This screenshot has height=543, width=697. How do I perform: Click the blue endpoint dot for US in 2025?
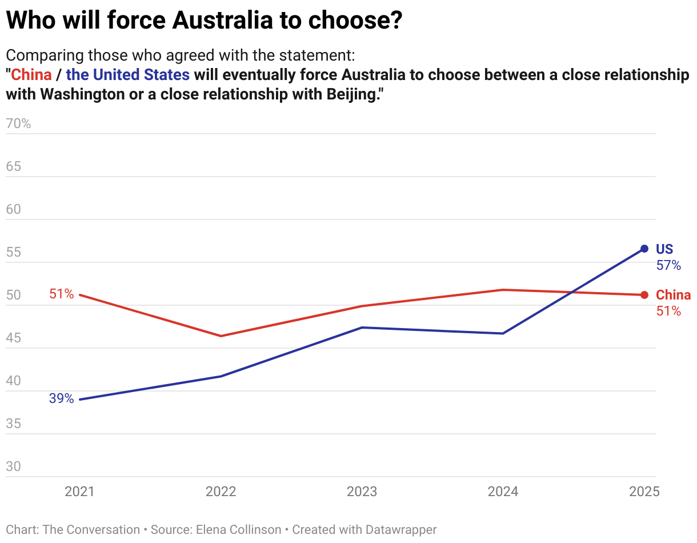coord(644,249)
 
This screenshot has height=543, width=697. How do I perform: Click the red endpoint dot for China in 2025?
coord(644,295)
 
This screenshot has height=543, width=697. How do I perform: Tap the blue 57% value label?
coord(668,266)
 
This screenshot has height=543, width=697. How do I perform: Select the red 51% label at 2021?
coord(61,294)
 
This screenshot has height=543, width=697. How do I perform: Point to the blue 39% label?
coord(61,399)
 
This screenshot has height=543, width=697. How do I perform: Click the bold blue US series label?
coord(664,249)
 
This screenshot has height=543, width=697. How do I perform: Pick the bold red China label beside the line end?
coord(673,295)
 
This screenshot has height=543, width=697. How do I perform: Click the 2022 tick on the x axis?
coord(221,492)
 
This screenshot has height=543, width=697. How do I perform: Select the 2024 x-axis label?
coord(503,492)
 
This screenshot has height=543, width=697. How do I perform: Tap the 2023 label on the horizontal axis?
coord(362,492)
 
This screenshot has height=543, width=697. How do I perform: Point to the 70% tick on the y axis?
coord(18,123)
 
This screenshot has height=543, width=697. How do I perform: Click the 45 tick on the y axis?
coord(14,338)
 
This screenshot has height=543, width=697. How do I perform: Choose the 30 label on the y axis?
coord(14,466)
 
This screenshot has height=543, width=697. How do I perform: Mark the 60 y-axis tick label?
coord(14,209)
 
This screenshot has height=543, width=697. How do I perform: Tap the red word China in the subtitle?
coord(31,75)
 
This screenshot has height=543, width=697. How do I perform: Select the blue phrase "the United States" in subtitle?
coord(128,75)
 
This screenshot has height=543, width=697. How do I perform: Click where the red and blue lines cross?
coord(572,293)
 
